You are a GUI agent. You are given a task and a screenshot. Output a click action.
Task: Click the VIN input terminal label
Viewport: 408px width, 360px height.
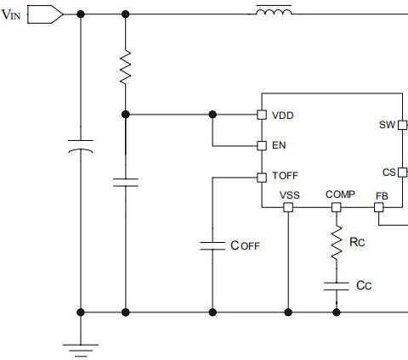[x=11, y=14]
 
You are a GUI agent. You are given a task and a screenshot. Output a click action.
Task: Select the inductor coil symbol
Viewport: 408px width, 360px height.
[x=274, y=12]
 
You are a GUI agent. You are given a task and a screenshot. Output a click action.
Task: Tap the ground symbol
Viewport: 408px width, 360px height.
[x=81, y=351]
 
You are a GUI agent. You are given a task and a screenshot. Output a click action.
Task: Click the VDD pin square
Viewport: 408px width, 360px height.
[x=262, y=115]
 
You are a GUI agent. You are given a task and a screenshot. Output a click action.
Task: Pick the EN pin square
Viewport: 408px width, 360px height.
[x=262, y=146]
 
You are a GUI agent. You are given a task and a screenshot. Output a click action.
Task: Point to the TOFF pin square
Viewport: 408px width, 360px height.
[x=262, y=177]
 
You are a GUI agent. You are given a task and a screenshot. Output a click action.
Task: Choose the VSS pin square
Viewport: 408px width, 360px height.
[x=288, y=207]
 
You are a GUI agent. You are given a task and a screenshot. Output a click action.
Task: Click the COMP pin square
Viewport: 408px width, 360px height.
[x=337, y=207]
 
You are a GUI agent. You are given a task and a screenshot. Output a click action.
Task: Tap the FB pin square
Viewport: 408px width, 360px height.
[x=379, y=207]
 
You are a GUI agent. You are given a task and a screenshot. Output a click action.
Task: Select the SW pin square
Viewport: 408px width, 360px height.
[x=403, y=125]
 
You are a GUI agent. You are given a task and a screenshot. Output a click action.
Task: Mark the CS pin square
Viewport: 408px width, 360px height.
[x=403, y=172]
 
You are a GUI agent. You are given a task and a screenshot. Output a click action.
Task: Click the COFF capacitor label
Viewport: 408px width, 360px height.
[x=245, y=245]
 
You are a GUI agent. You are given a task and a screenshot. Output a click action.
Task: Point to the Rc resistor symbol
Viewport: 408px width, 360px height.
[x=337, y=242]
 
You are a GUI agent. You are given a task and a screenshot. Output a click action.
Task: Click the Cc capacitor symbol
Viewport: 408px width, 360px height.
[x=337, y=286]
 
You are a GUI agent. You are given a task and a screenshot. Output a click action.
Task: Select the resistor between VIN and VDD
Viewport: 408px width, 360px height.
[x=126, y=67]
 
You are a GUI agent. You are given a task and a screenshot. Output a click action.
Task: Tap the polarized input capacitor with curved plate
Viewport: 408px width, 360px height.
[x=81, y=146]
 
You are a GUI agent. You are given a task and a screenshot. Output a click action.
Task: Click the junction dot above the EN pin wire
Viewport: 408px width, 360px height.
[x=212, y=115]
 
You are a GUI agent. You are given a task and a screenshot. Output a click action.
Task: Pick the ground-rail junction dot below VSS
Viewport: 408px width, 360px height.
[x=288, y=312]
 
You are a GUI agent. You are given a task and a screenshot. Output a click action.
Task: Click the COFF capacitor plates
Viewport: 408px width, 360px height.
[x=212, y=245]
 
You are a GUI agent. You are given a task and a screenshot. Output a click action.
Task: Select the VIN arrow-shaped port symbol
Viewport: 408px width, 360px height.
[x=45, y=14]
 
